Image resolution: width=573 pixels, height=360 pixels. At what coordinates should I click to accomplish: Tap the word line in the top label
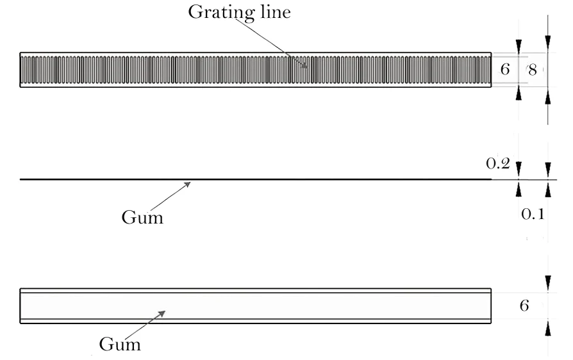pos(273,13)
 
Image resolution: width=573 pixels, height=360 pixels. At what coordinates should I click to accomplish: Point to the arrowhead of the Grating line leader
pos(305,65)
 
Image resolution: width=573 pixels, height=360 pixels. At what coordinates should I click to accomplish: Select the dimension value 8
pos(532,70)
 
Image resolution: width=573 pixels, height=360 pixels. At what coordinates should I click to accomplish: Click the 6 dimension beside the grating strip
pos(505,69)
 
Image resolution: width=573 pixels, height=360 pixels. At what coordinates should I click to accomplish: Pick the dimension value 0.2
pos(497,163)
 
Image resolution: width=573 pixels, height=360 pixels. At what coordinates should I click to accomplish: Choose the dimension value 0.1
pos(532,215)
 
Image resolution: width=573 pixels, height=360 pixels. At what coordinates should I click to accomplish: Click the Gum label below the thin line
pos(142,217)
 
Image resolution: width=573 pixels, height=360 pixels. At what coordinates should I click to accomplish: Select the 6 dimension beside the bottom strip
pos(524,306)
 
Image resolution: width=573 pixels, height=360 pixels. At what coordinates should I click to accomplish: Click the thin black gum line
pos(256,179)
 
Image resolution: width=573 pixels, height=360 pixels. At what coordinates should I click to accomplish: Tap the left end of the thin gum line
pos(21,179)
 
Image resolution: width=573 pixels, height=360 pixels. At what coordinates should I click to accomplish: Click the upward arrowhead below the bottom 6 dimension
pos(547,327)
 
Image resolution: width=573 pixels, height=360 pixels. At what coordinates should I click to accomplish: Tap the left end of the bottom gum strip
pos(21,306)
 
